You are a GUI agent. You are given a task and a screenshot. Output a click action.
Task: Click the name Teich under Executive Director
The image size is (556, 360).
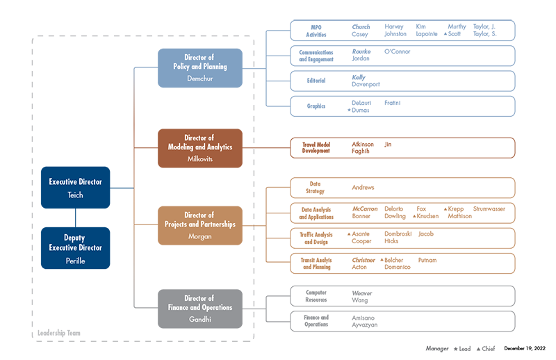click(x=75, y=195)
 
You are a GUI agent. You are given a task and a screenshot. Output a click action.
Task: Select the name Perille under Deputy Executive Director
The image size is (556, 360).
click(x=75, y=261)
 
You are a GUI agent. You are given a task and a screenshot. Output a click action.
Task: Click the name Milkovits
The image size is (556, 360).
click(x=199, y=159)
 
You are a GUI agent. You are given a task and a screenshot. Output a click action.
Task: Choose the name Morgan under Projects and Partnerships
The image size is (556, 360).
click(x=199, y=237)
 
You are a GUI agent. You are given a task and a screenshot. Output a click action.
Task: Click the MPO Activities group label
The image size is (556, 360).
click(x=316, y=30)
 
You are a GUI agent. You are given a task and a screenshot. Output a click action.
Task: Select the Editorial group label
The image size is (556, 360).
click(x=316, y=81)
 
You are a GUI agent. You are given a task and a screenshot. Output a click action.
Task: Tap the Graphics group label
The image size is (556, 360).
click(x=316, y=106)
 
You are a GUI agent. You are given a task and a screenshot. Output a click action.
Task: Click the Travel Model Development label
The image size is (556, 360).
click(x=316, y=148)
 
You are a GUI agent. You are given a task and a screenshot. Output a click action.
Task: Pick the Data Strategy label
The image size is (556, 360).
click(x=316, y=188)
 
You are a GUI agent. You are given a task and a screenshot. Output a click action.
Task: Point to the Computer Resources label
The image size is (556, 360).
click(x=316, y=296)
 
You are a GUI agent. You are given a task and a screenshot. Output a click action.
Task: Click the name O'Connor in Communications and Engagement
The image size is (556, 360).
click(x=398, y=51)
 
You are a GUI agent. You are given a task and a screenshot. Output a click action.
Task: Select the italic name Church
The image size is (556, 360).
click(x=361, y=27)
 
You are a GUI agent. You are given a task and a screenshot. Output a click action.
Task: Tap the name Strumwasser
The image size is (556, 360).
click(x=489, y=209)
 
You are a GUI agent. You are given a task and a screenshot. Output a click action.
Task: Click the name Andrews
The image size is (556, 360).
click(x=363, y=188)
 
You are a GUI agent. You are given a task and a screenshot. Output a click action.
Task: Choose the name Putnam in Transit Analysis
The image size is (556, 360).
click(x=427, y=259)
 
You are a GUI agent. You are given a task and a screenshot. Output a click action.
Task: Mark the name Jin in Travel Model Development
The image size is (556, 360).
click(x=388, y=145)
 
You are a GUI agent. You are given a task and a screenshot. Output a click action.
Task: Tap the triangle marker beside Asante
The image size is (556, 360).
click(x=349, y=234)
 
